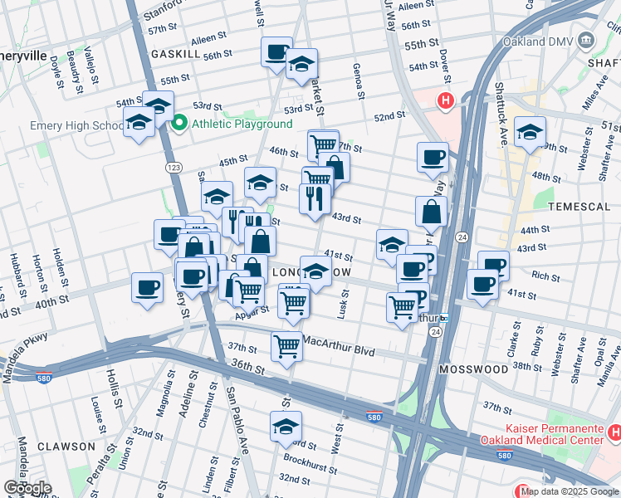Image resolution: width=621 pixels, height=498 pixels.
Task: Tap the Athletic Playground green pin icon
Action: [179, 124]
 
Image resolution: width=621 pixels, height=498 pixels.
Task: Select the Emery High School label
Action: [76, 125]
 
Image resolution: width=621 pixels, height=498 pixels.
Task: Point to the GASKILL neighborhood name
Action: [175, 53]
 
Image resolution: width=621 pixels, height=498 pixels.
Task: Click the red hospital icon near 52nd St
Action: [446, 102]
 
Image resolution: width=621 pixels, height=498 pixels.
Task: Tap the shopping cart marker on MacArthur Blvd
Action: [286, 346]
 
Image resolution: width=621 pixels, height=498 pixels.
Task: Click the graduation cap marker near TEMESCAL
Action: [530, 131]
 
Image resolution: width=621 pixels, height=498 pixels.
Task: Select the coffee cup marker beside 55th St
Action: [276, 52]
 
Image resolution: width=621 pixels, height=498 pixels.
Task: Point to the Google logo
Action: [27, 488]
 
